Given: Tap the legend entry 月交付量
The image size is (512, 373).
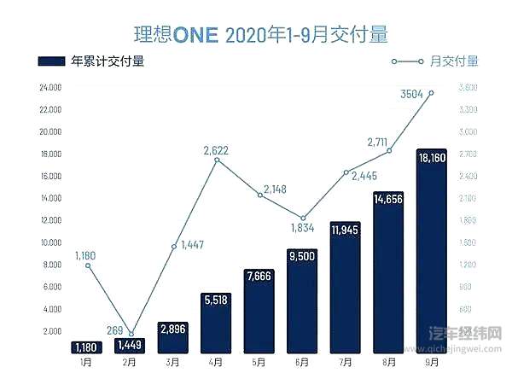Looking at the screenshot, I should click(435, 61).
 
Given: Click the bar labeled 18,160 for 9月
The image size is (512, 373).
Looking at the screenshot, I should click(432, 256).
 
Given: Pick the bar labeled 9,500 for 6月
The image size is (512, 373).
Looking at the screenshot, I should click(303, 303).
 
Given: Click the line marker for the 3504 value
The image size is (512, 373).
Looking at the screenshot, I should click(432, 92).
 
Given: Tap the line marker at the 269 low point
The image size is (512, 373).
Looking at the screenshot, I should click(131, 334).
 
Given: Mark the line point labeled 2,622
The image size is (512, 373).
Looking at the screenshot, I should click(217, 160).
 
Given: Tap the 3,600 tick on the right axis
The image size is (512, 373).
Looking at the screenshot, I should click(468, 88).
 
